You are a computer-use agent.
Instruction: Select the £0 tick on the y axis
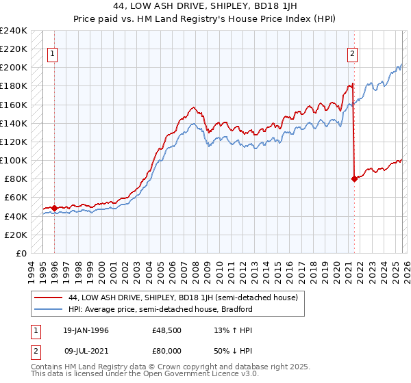[x=22, y=253]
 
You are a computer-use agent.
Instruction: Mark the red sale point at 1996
[x=54, y=208]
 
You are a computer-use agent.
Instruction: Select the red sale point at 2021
[x=354, y=179]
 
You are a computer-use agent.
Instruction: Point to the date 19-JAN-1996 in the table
[x=85, y=330]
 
